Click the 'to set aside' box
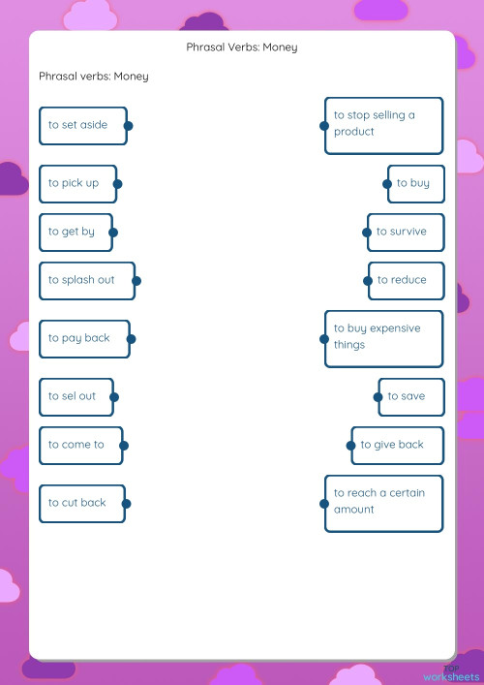click(x=81, y=125)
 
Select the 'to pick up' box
click(x=76, y=183)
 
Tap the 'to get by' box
click(x=75, y=232)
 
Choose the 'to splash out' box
click(x=85, y=280)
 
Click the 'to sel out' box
click(x=76, y=396)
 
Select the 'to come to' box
click(x=79, y=445)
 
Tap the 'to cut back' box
click(x=81, y=503)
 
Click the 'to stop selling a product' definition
click(x=384, y=124)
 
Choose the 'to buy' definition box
click(x=416, y=183)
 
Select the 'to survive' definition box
click(x=406, y=232)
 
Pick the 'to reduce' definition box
click(x=407, y=280)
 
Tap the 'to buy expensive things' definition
click(x=384, y=337)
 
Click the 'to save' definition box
click(x=411, y=396)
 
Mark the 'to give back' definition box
click(x=398, y=445)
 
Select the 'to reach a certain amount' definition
click(x=384, y=502)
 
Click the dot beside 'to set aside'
click(x=128, y=125)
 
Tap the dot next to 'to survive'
click(x=368, y=232)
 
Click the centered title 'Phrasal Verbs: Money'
click(x=242, y=47)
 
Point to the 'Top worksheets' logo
click(x=452, y=674)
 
